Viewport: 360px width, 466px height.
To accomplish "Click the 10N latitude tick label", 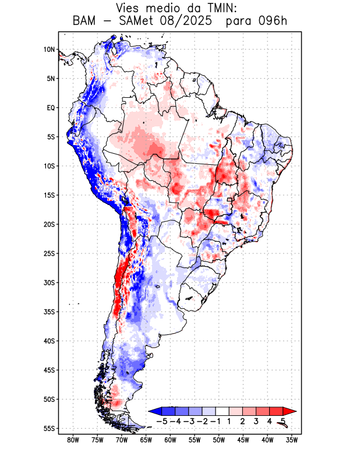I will (x=50, y=50).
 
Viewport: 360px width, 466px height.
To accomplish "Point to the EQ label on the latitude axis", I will (x=51, y=108).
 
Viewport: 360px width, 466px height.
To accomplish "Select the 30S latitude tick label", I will (x=49, y=283).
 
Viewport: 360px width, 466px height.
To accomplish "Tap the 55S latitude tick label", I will (x=49, y=428).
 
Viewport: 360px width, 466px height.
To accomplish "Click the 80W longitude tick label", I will (x=73, y=440).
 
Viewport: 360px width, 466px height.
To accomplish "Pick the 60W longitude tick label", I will (x=170, y=440).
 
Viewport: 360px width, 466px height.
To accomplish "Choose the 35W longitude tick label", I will (x=292, y=440).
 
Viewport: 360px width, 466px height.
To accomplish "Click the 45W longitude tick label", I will (x=243, y=440).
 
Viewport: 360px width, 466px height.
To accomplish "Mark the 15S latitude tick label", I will (x=49, y=195).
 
